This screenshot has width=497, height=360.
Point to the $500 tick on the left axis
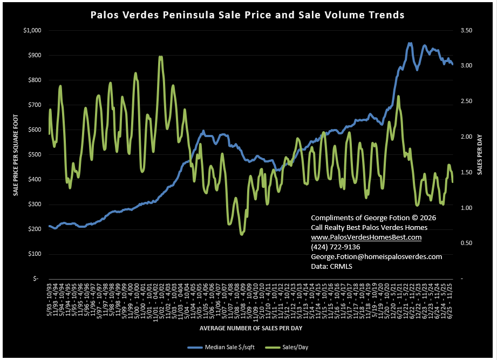coord(34,154)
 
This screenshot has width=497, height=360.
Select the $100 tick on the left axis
coord(34,254)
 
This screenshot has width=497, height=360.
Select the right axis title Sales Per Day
coord(479,154)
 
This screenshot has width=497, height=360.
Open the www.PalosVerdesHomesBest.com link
coord(366,237)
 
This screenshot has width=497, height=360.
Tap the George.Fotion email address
coord(377,256)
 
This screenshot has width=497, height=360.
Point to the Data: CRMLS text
coord(332,266)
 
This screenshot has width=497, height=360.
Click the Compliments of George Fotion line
coord(373,218)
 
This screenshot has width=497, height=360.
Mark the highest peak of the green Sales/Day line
coord(160,56)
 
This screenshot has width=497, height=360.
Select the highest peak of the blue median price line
coord(410,43)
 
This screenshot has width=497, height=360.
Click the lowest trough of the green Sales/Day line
coord(242,234)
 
